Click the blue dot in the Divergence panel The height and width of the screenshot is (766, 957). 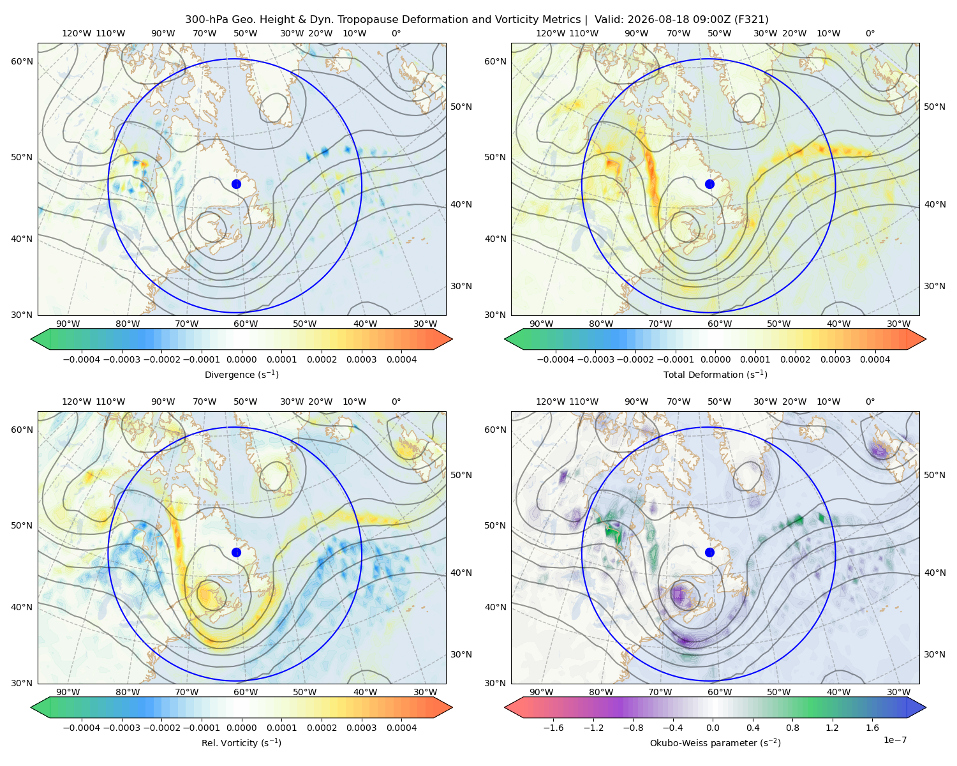pos(236,184)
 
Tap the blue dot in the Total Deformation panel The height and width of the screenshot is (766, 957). pos(709,184)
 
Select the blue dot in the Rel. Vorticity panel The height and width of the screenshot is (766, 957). pos(236,552)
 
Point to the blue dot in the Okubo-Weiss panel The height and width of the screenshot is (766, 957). pos(709,552)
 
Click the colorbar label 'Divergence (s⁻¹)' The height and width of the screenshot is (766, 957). pos(241,374)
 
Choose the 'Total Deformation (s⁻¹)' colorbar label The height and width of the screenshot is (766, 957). pos(715,374)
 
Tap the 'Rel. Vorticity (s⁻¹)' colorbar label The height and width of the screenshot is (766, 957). pos(241,742)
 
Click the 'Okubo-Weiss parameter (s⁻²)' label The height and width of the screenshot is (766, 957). pos(715,742)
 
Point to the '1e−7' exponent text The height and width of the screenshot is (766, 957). pos(894,740)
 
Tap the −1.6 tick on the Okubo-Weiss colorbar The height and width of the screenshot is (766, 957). pos(553,728)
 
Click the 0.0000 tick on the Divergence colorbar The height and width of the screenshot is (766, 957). pos(241,359)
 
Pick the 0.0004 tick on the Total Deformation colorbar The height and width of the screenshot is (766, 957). pos(875,359)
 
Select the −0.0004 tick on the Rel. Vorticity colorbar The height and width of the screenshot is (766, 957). pos(82,728)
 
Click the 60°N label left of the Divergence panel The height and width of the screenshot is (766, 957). pos(22,61)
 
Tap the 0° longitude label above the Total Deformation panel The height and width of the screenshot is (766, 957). pos(870,33)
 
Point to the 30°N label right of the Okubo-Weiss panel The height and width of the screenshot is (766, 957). pos(935,654)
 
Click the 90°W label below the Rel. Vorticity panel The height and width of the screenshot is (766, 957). pos(68,692)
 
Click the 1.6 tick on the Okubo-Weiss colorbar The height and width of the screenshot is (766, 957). pos(872,728)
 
